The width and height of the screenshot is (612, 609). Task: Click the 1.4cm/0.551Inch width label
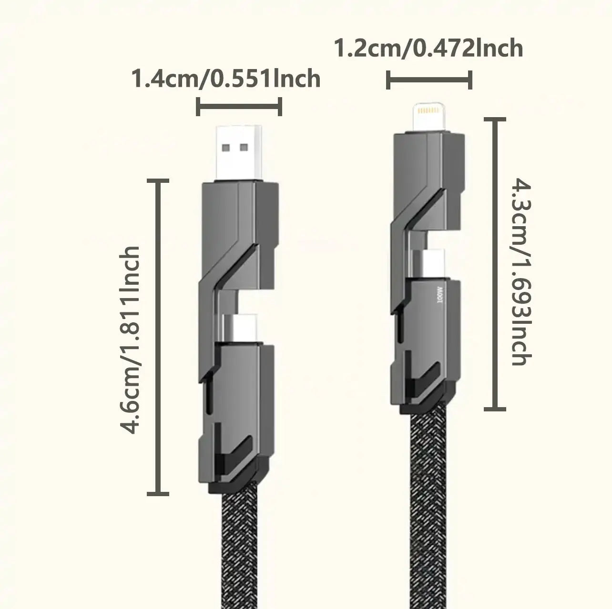225,79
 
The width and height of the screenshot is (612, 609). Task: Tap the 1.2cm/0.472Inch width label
428,49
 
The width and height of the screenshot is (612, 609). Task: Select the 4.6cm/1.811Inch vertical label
131,340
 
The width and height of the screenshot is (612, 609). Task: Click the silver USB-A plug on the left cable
238,152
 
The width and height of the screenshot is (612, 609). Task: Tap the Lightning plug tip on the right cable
428,119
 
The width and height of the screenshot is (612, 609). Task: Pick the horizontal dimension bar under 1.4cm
239,107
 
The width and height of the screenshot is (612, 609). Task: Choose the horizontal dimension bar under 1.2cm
429,80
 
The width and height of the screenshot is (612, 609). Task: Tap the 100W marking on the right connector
439,295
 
